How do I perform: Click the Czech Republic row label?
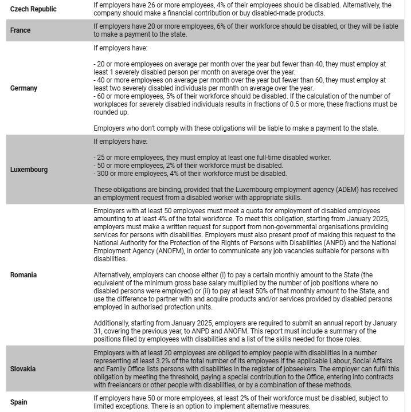[x=33, y=9]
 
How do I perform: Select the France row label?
[x=21, y=30]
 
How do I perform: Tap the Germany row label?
[x=24, y=88]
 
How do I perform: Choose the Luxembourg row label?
[x=29, y=170]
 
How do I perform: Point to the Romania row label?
[x=24, y=275]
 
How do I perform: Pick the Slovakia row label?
[x=24, y=368]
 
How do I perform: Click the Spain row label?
[x=19, y=402]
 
